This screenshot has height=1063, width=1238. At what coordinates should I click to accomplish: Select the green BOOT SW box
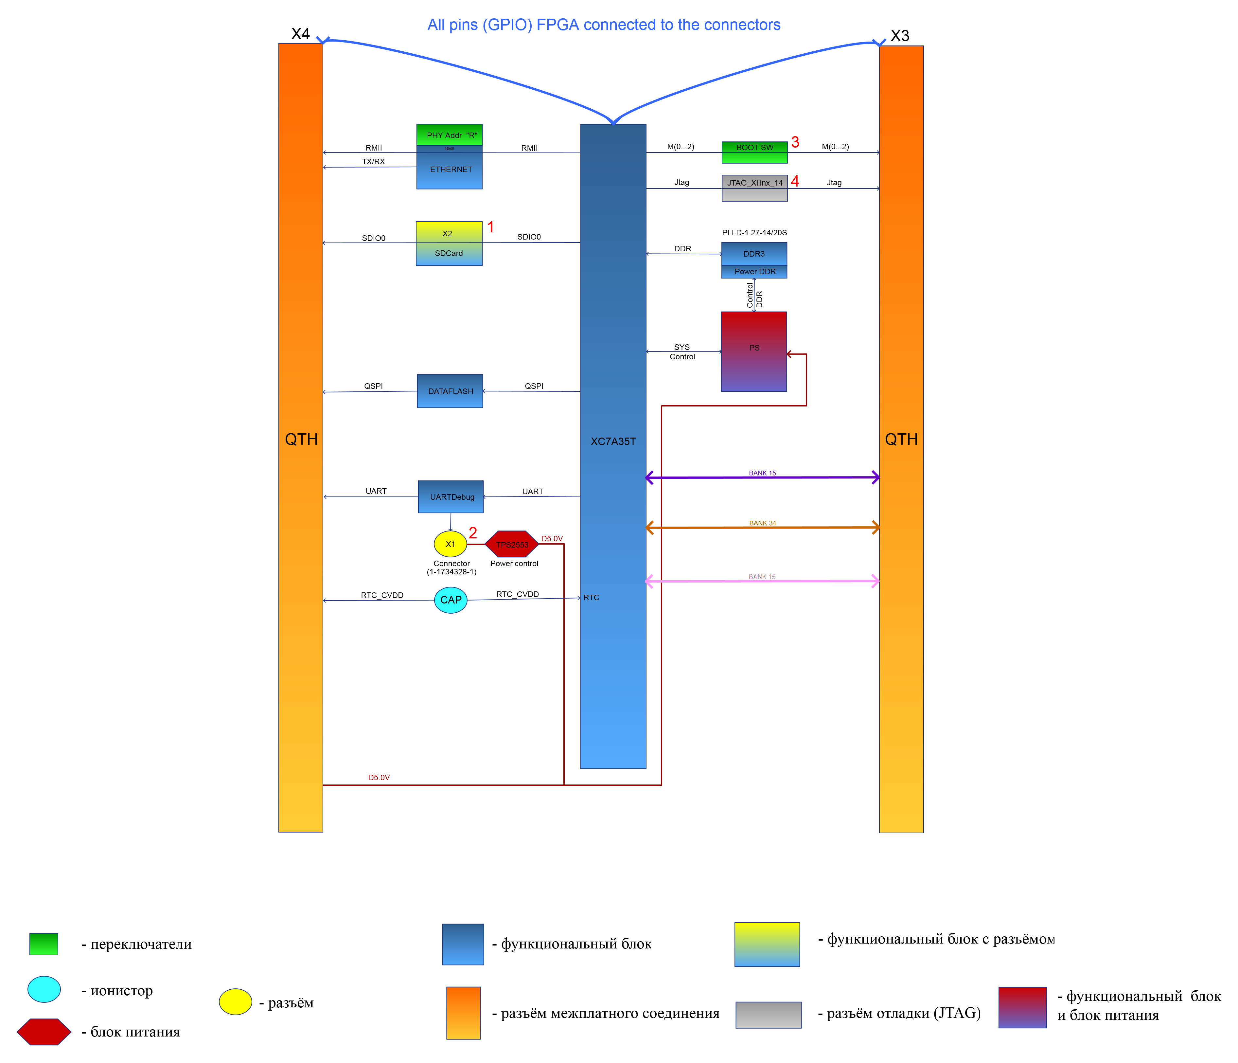(755, 153)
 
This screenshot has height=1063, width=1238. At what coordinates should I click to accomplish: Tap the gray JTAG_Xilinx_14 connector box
(755, 188)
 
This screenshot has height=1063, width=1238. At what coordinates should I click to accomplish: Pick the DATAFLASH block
(450, 391)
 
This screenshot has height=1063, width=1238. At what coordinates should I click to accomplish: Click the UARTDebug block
(451, 496)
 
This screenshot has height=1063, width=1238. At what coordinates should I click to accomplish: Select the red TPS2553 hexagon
(512, 544)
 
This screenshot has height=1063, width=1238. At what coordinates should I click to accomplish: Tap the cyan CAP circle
(451, 600)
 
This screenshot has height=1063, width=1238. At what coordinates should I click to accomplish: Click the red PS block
(754, 351)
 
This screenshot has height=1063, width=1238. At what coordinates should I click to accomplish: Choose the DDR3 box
(754, 254)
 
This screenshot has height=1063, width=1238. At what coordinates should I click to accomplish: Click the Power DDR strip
(754, 272)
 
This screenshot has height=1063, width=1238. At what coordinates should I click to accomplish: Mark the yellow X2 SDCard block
(449, 243)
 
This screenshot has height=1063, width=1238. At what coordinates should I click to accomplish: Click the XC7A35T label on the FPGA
(613, 441)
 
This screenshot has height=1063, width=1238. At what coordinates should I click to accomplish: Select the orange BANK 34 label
(762, 523)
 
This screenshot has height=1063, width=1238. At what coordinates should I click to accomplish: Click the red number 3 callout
(795, 142)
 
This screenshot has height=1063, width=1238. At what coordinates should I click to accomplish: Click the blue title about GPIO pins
(604, 25)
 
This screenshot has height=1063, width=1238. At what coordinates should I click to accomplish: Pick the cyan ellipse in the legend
(44, 989)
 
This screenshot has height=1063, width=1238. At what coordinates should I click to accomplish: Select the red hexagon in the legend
(44, 1032)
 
